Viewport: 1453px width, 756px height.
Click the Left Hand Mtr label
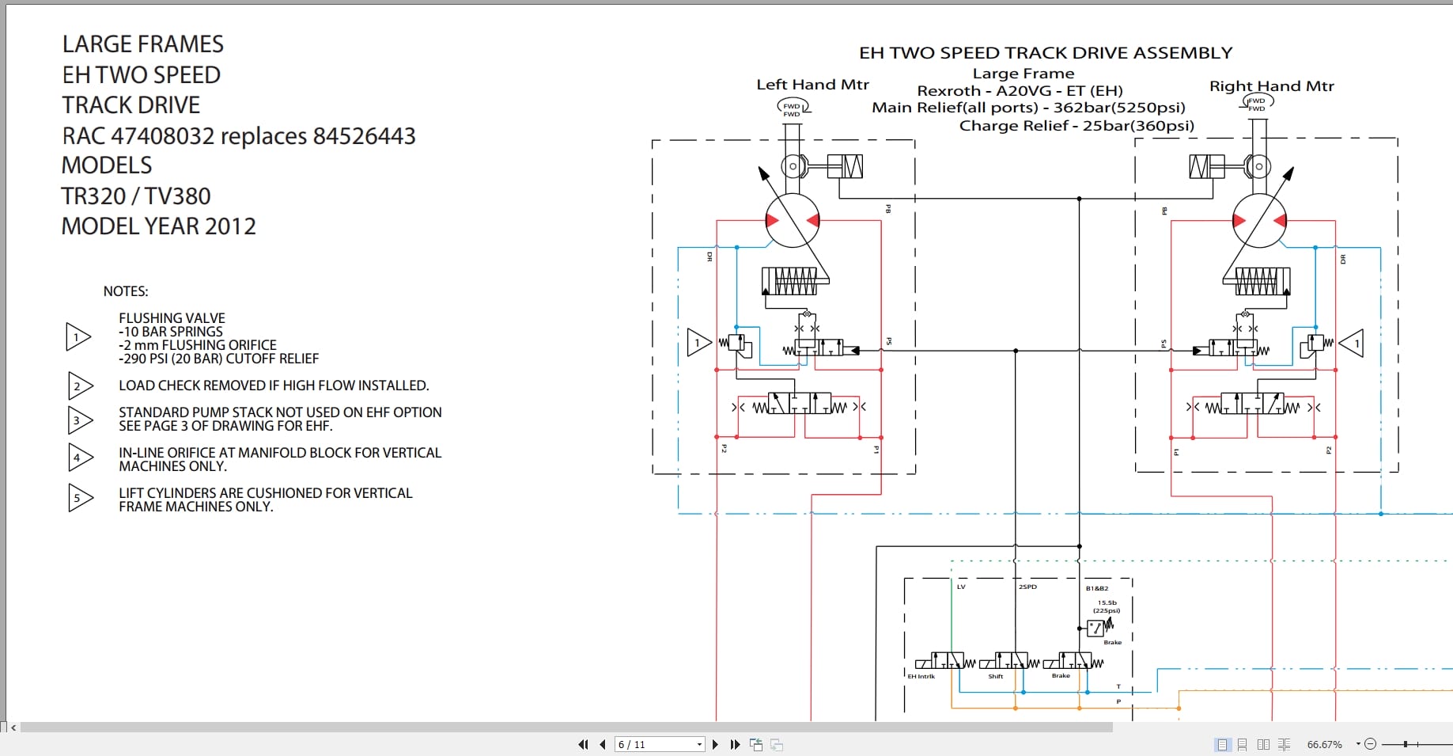[x=812, y=85]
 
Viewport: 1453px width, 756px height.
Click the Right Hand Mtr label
[x=1271, y=86]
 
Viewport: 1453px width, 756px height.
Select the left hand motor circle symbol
[x=792, y=221]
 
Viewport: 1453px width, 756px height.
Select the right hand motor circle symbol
[x=1259, y=221]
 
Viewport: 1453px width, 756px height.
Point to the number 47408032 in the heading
[x=163, y=136]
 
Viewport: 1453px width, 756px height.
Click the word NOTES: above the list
[x=126, y=291]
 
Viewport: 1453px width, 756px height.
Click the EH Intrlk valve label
[x=921, y=677]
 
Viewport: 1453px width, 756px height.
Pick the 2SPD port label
[x=1027, y=587]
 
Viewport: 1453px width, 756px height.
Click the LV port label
[x=961, y=587]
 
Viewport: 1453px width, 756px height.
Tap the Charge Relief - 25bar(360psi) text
[x=1077, y=126]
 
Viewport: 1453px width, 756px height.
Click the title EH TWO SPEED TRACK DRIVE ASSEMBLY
[x=1046, y=53]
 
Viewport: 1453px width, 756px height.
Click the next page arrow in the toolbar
[x=715, y=744]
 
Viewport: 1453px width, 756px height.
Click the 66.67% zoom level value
[x=1324, y=744]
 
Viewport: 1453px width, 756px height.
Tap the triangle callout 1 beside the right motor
[x=1353, y=344]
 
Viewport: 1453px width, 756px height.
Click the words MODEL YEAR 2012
[x=159, y=226]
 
